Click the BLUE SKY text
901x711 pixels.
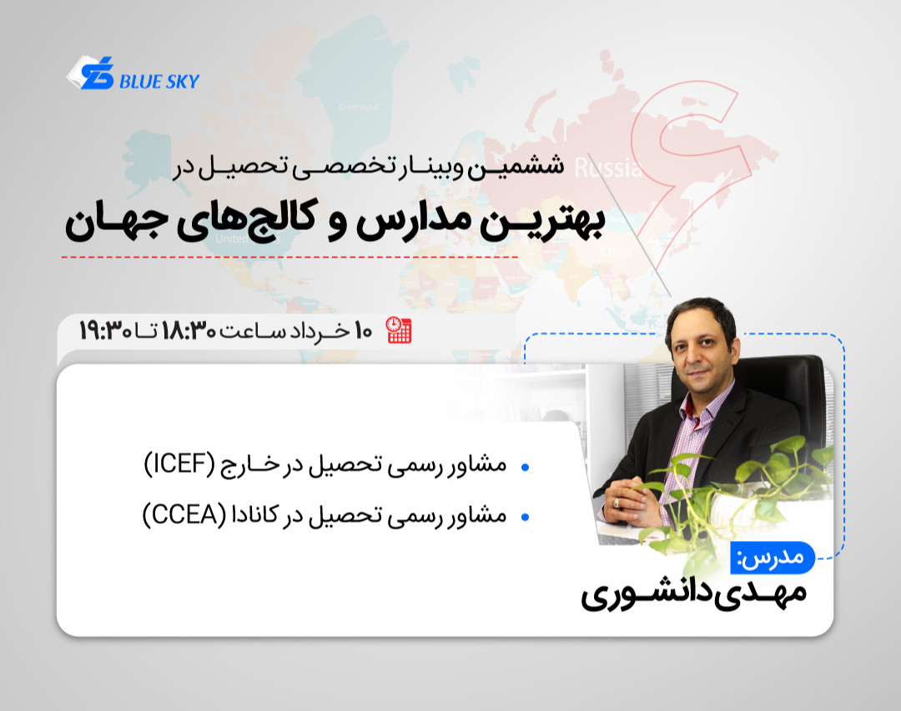159,82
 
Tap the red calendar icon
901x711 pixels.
399,330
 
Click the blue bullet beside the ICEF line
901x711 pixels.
525,468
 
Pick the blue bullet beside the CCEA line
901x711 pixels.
525,518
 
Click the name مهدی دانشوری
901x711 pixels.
694,597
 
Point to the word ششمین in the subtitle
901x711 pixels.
529,167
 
